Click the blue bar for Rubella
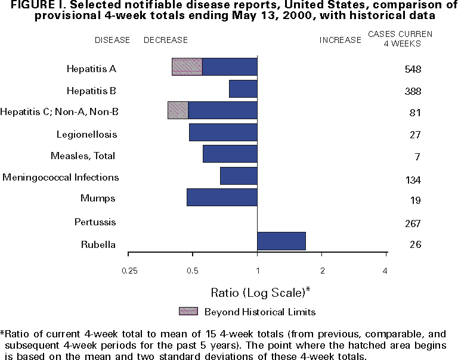pyautogui.click(x=281, y=241)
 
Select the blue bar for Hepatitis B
pyautogui.click(x=243, y=89)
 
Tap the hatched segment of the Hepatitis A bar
pyautogui.click(x=187, y=67)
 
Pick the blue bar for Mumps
pyautogui.click(x=222, y=197)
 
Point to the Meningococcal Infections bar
pyautogui.click(x=239, y=176)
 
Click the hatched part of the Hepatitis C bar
pyautogui.click(x=178, y=110)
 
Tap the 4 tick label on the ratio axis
pyautogui.click(x=385, y=271)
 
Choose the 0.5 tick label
pyautogui.click(x=192, y=271)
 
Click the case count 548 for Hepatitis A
pyautogui.click(x=412, y=69)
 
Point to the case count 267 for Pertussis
pyautogui.click(x=412, y=224)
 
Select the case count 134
pyautogui.click(x=412, y=180)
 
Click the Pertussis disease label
pyautogui.click(x=95, y=222)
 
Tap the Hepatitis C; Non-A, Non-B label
pyautogui.click(x=60, y=111)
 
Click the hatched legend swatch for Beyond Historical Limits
pyautogui.click(x=188, y=311)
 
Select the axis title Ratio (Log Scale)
pyautogui.click(x=261, y=293)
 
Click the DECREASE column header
pyautogui.click(x=166, y=40)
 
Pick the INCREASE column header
pyautogui.click(x=341, y=40)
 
